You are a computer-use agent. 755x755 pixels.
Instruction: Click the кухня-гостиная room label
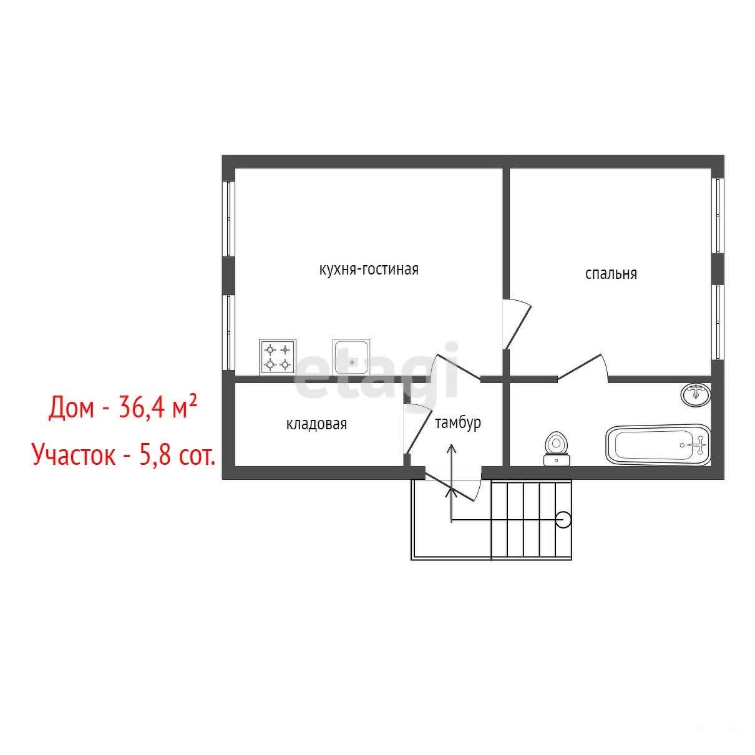click(x=369, y=270)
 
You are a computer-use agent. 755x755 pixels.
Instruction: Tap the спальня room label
click(x=611, y=273)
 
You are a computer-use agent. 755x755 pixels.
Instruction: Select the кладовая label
click(x=316, y=424)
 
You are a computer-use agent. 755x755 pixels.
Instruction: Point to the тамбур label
click(x=457, y=423)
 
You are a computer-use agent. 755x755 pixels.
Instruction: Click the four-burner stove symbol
click(x=278, y=357)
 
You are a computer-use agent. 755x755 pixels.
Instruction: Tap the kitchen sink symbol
click(x=351, y=357)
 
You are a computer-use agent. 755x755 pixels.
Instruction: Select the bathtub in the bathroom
click(x=658, y=445)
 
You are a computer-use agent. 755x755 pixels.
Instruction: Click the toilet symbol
click(x=557, y=449)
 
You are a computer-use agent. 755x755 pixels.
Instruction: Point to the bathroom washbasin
click(x=696, y=395)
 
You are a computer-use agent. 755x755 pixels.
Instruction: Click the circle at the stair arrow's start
click(x=563, y=520)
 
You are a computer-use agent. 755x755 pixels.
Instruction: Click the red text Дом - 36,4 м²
click(x=122, y=406)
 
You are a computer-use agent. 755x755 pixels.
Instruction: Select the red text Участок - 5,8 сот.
click(x=124, y=454)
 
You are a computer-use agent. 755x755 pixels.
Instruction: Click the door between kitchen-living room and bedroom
click(x=517, y=324)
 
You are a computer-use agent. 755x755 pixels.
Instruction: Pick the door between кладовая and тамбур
click(x=417, y=429)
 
